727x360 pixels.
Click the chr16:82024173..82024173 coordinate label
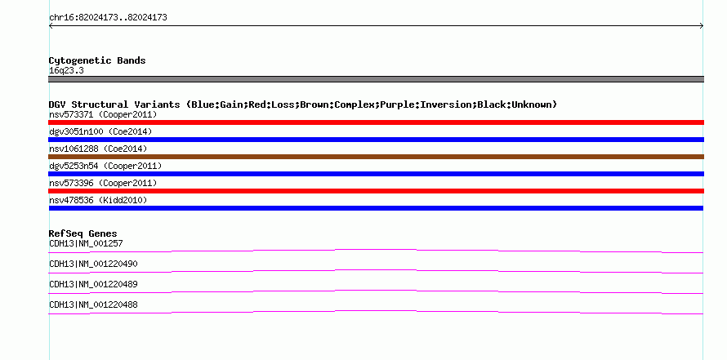click(108, 18)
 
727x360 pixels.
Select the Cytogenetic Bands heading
click(97, 60)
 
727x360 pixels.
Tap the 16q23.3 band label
click(66, 71)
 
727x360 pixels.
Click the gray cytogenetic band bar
click(376, 79)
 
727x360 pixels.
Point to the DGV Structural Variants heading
click(303, 104)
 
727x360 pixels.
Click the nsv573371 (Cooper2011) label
click(103, 114)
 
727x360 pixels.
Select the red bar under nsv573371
click(376, 122)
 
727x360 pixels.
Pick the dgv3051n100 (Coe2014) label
click(100, 131)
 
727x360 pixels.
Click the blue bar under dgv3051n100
click(376, 140)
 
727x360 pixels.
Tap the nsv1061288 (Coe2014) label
click(98, 149)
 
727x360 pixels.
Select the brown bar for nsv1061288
click(376, 157)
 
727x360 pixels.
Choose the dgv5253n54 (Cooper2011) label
click(105, 166)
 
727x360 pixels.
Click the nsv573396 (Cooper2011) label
click(103, 183)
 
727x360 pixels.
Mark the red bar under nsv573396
click(376, 191)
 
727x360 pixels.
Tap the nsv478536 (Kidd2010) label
click(98, 200)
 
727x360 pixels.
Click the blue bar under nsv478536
click(376, 208)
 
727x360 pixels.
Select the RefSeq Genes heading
click(83, 233)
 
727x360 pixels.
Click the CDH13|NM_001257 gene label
click(86, 244)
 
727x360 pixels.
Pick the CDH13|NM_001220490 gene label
click(93, 264)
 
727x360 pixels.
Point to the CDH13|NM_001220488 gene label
click(93, 304)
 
